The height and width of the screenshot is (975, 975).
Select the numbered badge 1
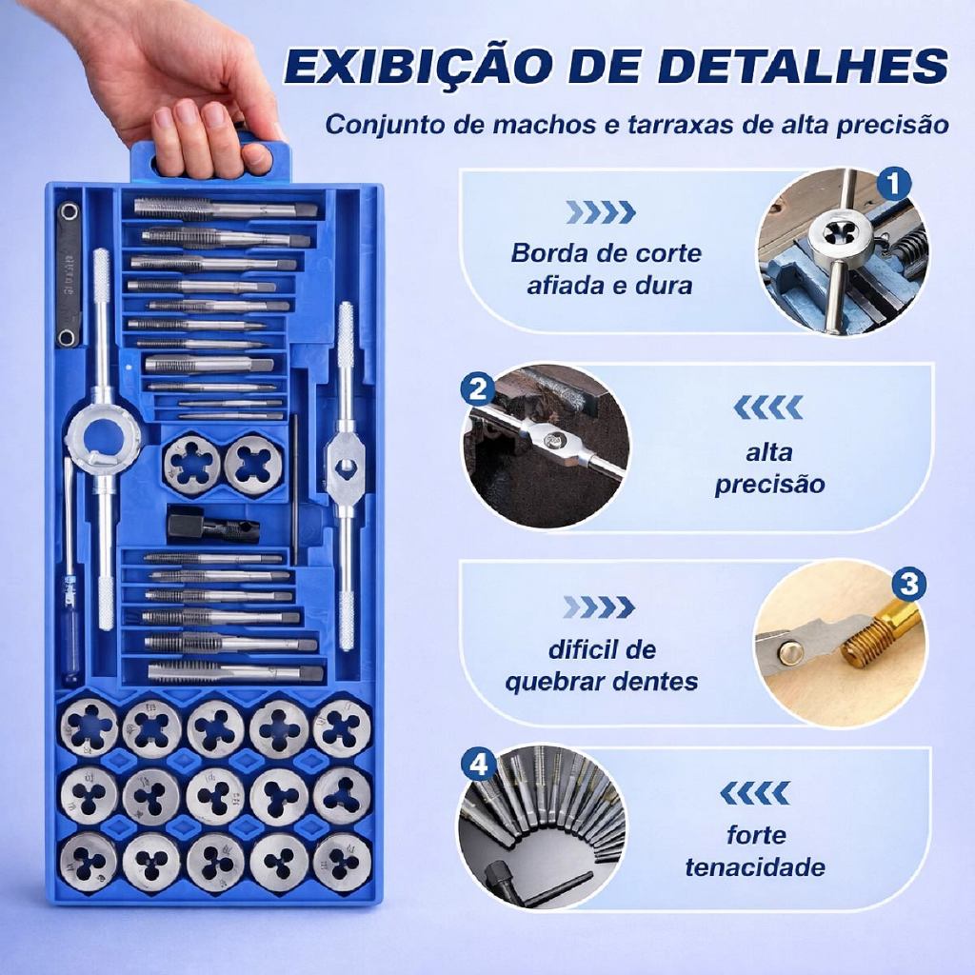click(x=893, y=184)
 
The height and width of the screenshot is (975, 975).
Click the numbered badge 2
click(x=478, y=389)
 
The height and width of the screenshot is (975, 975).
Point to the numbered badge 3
click(x=908, y=585)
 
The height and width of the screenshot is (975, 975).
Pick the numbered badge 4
click(x=478, y=765)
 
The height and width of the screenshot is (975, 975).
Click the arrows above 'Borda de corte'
click(x=601, y=212)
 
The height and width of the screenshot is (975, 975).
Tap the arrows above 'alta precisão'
click(x=768, y=408)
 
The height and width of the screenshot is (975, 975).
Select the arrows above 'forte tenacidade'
click(x=755, y=793)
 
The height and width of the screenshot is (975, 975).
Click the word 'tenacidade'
click(x=755, y=866)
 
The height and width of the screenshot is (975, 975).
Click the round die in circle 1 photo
click(x=837, y=236)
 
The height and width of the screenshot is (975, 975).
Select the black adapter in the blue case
click(x=212, y=524)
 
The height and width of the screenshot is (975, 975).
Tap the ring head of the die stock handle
click(x=103, y=431)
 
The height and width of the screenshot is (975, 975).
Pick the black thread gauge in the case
click(x=69, y=274)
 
